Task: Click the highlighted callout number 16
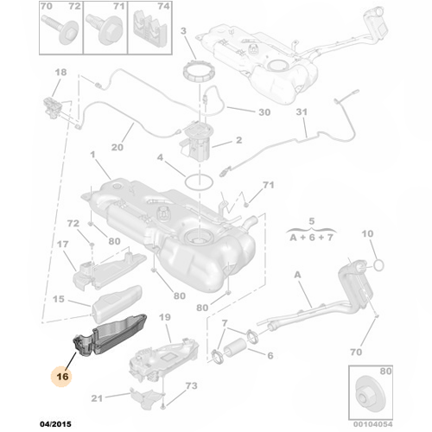[62, 377]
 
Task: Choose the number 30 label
[264, 112]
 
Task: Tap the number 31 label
[301, 113]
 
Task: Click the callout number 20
[118, 148]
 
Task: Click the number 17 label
[63, 245]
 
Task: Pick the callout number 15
[59, 300]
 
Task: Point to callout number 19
[163, 319]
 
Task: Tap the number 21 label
[97, 397]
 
